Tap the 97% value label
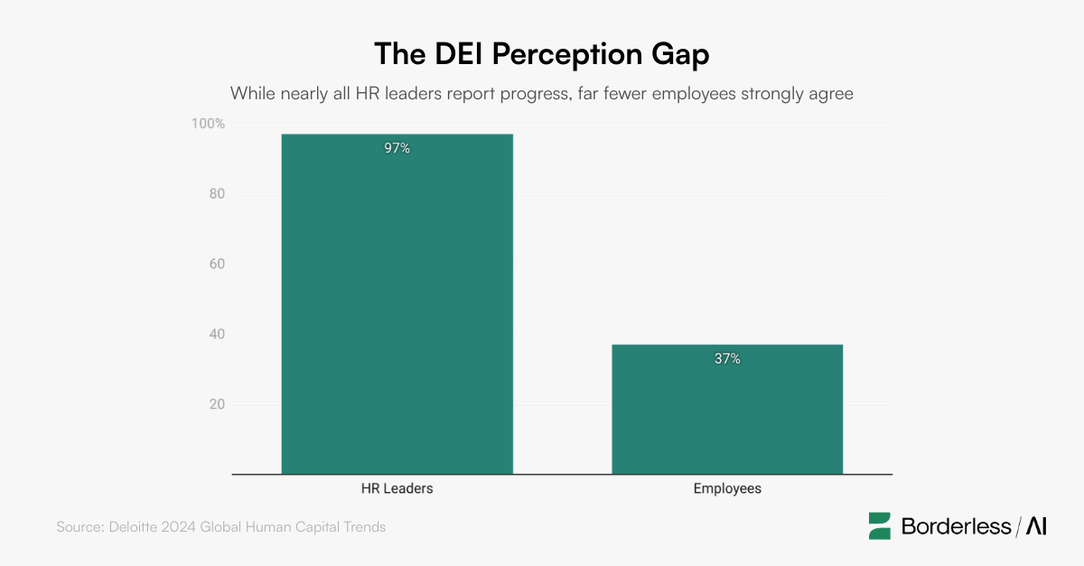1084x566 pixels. click(397, 148)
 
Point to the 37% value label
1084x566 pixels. click(727, 358)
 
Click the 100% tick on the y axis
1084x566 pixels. click(207, 124)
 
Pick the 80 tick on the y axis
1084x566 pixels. click(216, 194)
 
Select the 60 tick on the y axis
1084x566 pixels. click(216, 264)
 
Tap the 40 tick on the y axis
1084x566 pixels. click(216, 334)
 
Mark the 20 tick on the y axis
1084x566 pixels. click(216, 404)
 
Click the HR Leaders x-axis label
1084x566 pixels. click(397, 488)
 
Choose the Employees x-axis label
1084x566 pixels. click(727, 488)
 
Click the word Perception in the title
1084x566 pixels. click(542, 53)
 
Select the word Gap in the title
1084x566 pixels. click(677, 53)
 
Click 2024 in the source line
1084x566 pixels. click(179, 526)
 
